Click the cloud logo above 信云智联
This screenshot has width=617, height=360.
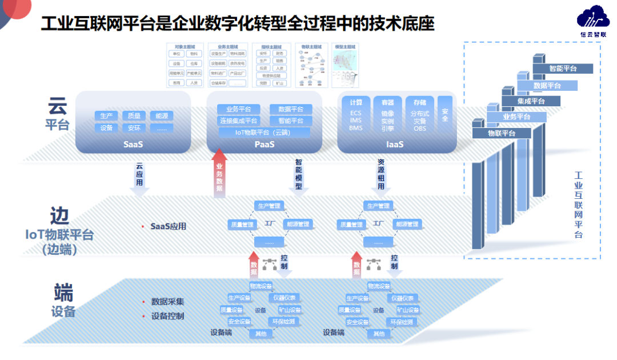(x=592, y=17)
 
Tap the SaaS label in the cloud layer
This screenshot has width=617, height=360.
(x=133, y=145)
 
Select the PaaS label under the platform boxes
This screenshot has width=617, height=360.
(x=265, y=145)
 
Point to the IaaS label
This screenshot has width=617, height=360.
(x=395, y=145)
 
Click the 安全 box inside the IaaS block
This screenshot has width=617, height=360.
(x=445, y=115)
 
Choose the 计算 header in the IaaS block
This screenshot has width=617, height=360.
(x=356, y=103)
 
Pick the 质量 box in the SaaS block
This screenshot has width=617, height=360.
(x=134, y=115)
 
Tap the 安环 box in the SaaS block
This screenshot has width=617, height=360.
(x=134, y=128)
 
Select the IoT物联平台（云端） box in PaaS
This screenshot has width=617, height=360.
(x=265, y=133)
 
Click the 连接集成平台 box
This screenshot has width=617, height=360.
(x=239, y=121)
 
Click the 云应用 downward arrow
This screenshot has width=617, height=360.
(x=139, y=177)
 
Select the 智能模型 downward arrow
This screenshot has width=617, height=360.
(x=298, y=174)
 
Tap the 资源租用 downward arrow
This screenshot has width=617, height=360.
(x=382, y=174)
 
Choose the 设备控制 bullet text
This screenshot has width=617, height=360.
(x=167, y=316)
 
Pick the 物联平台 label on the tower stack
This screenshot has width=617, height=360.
(x=502, y=133)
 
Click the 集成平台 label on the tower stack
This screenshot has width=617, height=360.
(x=531, y=101)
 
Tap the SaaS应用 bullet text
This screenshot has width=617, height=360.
(x=168, y=226)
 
